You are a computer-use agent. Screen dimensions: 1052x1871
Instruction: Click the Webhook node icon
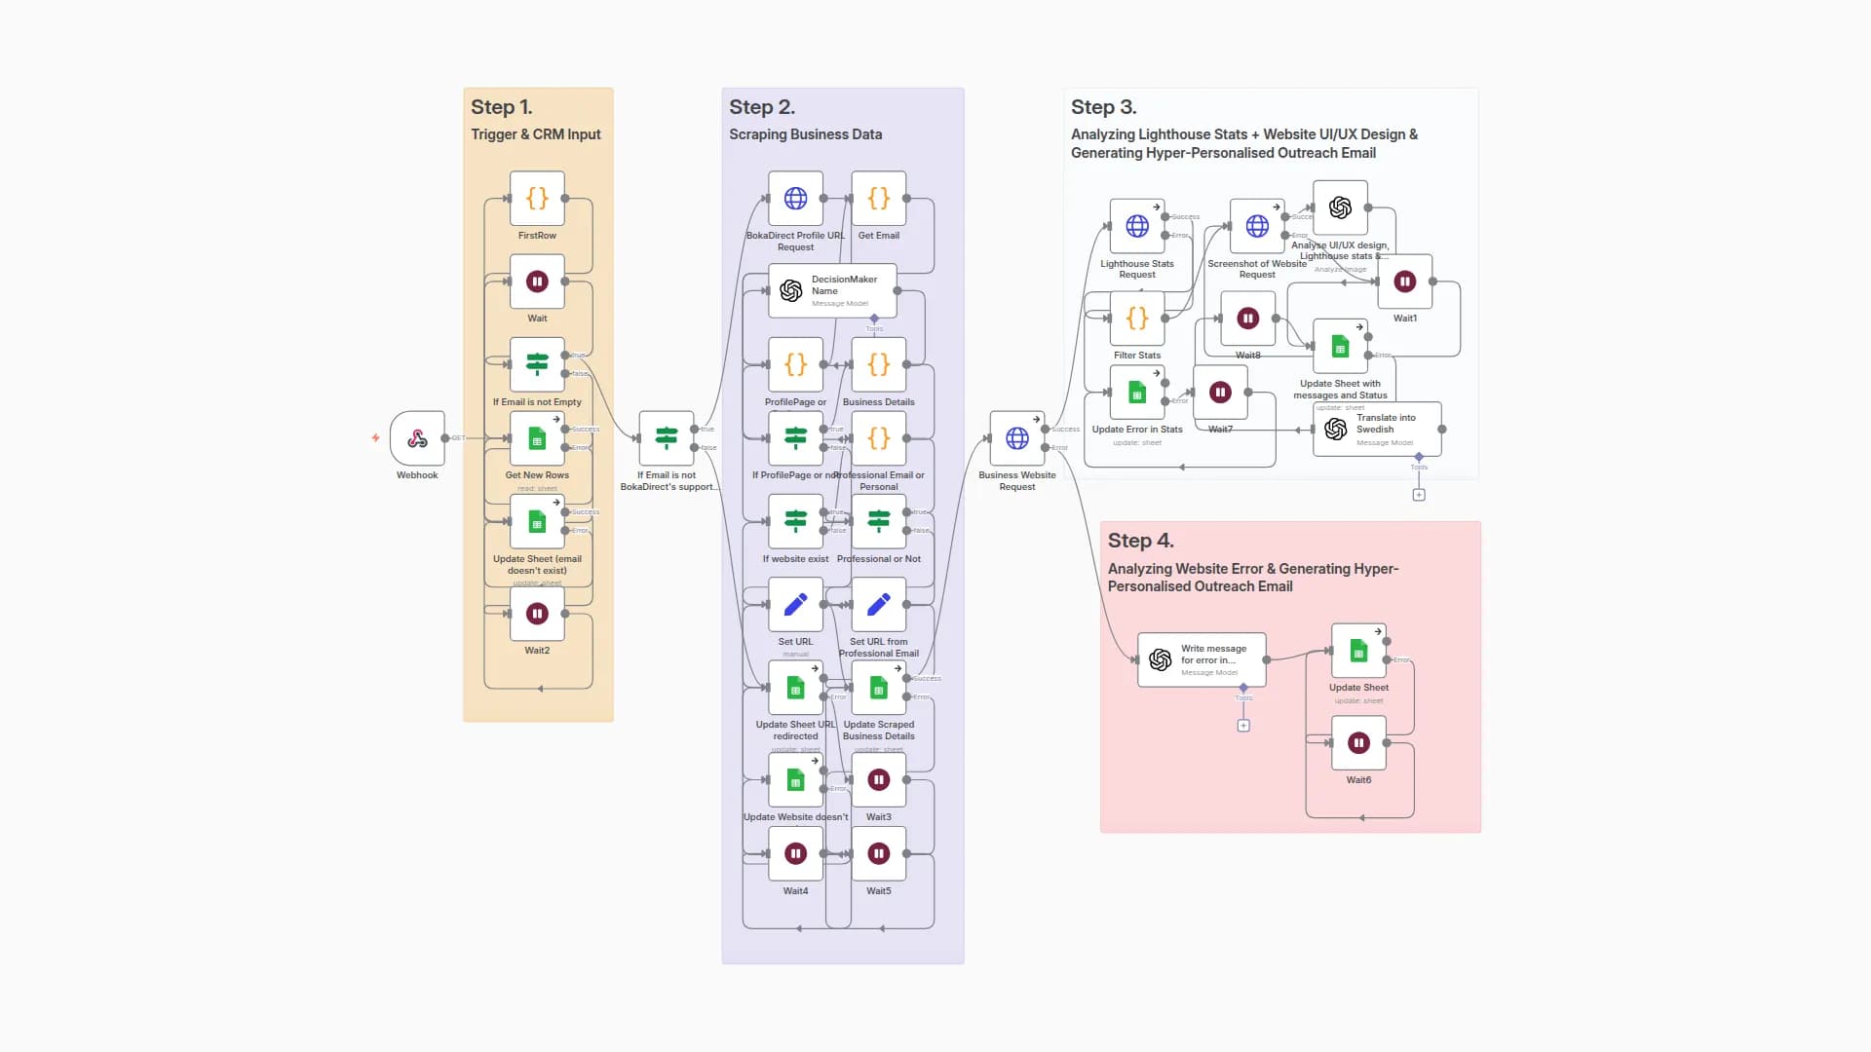click(x=417, y=438)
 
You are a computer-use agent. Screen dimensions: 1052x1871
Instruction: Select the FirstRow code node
click(x=537, y=199)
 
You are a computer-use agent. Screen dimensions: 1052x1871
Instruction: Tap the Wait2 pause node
click(x=537, y=614)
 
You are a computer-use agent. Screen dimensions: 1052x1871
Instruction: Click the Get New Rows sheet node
click(x=537, y=438)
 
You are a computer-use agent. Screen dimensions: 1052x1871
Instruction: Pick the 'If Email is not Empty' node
click(x=537, y=364)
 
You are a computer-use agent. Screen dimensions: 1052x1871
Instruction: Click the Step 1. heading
click(x=501, y=107)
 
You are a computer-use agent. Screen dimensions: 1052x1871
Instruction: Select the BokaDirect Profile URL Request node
click(x=795, y=199)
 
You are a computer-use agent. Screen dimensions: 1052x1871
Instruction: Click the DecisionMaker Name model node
click(x=831, y=290)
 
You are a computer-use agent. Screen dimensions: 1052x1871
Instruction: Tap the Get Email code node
click(x=878, y=199)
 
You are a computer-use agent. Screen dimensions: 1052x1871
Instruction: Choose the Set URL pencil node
click(x=795, y=604)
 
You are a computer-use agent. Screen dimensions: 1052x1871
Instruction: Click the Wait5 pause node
click(x=878, y=853)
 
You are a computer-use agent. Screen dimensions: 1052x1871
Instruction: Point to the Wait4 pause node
click(x=795, y=853)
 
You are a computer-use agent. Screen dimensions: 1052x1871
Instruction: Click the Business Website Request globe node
click(x=1016, y=438)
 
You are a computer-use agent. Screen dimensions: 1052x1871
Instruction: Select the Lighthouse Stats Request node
click(x=1136, y=226)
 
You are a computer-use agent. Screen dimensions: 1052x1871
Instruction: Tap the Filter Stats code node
click(x=1136, y=318)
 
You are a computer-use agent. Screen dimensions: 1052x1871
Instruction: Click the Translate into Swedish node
click(x=1376, y=429)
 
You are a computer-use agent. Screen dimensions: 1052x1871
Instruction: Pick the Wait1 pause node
click(x=1404, y=282)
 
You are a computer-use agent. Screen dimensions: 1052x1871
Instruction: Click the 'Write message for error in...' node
click(x=1201, y=659)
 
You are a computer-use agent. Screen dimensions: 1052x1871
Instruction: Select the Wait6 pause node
click(x=1358, y=742)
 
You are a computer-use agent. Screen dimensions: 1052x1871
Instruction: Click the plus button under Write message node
click(x=1243, y=726)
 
